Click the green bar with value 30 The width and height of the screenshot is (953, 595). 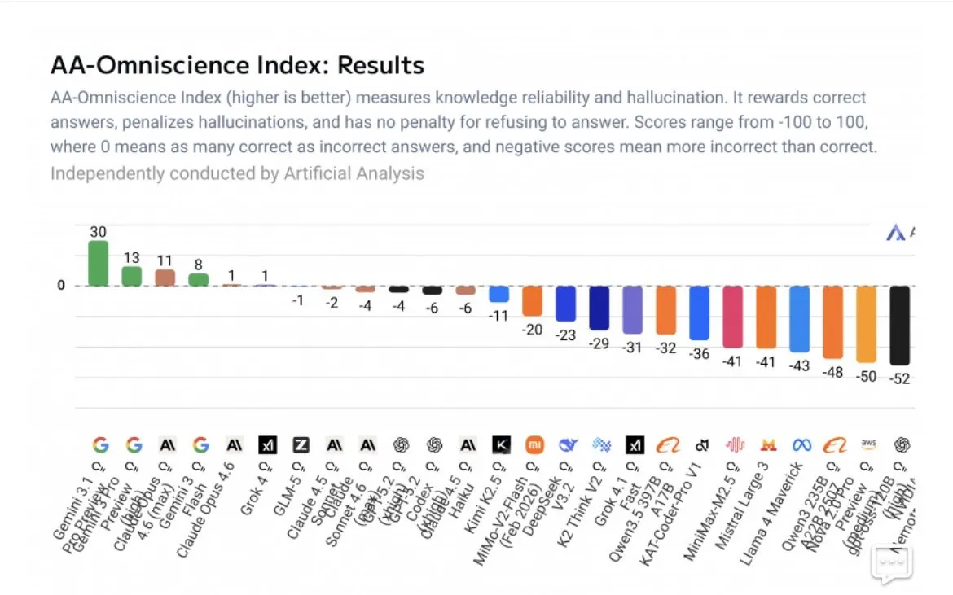(x=99, y=263)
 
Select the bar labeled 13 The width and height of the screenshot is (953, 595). (x=132, y=276)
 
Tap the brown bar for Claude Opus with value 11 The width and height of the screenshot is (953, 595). (x=165, y=278)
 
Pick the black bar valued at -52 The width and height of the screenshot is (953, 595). (x=899, y=325)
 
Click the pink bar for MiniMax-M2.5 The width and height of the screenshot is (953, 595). (x=732, y=317)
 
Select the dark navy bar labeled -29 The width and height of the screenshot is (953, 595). (x=599, y=308)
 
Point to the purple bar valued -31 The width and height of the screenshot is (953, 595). (x=632, y=309)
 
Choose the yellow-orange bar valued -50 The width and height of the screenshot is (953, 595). (x=866, y=324)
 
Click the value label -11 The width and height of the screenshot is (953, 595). (x=498, y=315)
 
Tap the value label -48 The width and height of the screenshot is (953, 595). (x=832, y=372)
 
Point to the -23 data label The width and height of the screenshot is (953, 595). (x=565, y=335)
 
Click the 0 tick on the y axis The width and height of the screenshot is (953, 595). (x=60, y=286)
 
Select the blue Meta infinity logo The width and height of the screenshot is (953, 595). (x=801, y=445)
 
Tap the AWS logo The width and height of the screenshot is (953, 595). (x=868, y=444)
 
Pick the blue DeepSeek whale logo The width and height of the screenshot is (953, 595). (x=568, y=444)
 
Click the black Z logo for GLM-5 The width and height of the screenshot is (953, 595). (x=301, y=444)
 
